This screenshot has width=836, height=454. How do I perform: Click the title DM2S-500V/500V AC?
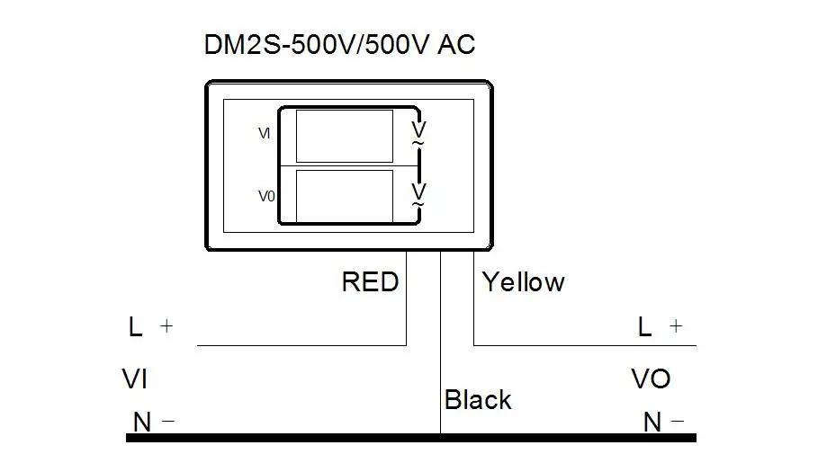point(339,46)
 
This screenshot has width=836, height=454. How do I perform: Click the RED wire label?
point(370,282)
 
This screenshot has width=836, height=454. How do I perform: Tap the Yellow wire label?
point(523,282)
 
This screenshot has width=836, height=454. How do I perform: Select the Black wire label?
point(478,400)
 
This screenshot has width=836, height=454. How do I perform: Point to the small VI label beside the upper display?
point(265,133)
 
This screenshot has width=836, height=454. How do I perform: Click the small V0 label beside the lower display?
point(265,196)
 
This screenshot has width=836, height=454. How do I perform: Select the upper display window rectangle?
point(344,136)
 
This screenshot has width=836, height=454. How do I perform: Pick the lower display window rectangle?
point(344,195)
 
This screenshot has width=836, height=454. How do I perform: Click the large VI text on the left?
point(134,380)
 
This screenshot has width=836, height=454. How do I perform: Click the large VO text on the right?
point(651,379)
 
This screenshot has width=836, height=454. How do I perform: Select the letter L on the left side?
point(136,327)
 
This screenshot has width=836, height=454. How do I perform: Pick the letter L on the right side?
point(644,327)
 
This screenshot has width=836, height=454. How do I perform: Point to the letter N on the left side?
point(141,422)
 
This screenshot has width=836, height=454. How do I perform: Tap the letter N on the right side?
point(652,422)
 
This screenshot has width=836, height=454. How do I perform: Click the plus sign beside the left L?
point(166,327)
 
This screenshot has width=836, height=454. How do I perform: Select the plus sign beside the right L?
point(676,327)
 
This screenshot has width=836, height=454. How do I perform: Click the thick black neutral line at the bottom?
point(270,438)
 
